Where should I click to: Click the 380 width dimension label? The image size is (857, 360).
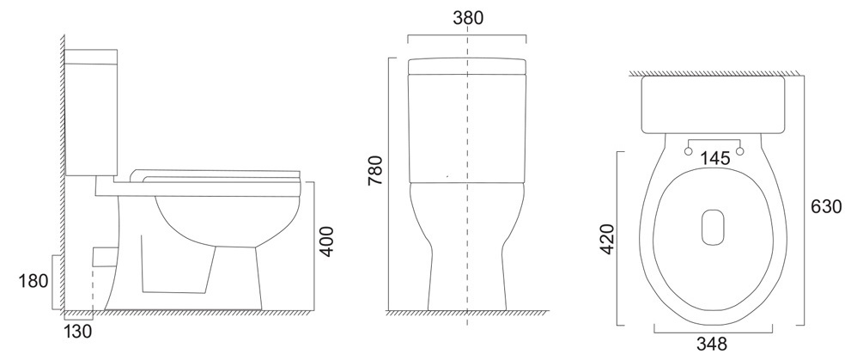point(468,18)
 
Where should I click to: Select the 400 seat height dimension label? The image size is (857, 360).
point(326,241)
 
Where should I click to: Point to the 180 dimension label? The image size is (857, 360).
point(33,281)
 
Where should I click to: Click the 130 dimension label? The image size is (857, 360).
point(77,331)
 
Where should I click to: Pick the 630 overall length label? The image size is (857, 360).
point(826,207)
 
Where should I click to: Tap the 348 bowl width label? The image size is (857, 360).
point(712,345)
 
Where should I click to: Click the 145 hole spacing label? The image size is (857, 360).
point(715,159)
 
